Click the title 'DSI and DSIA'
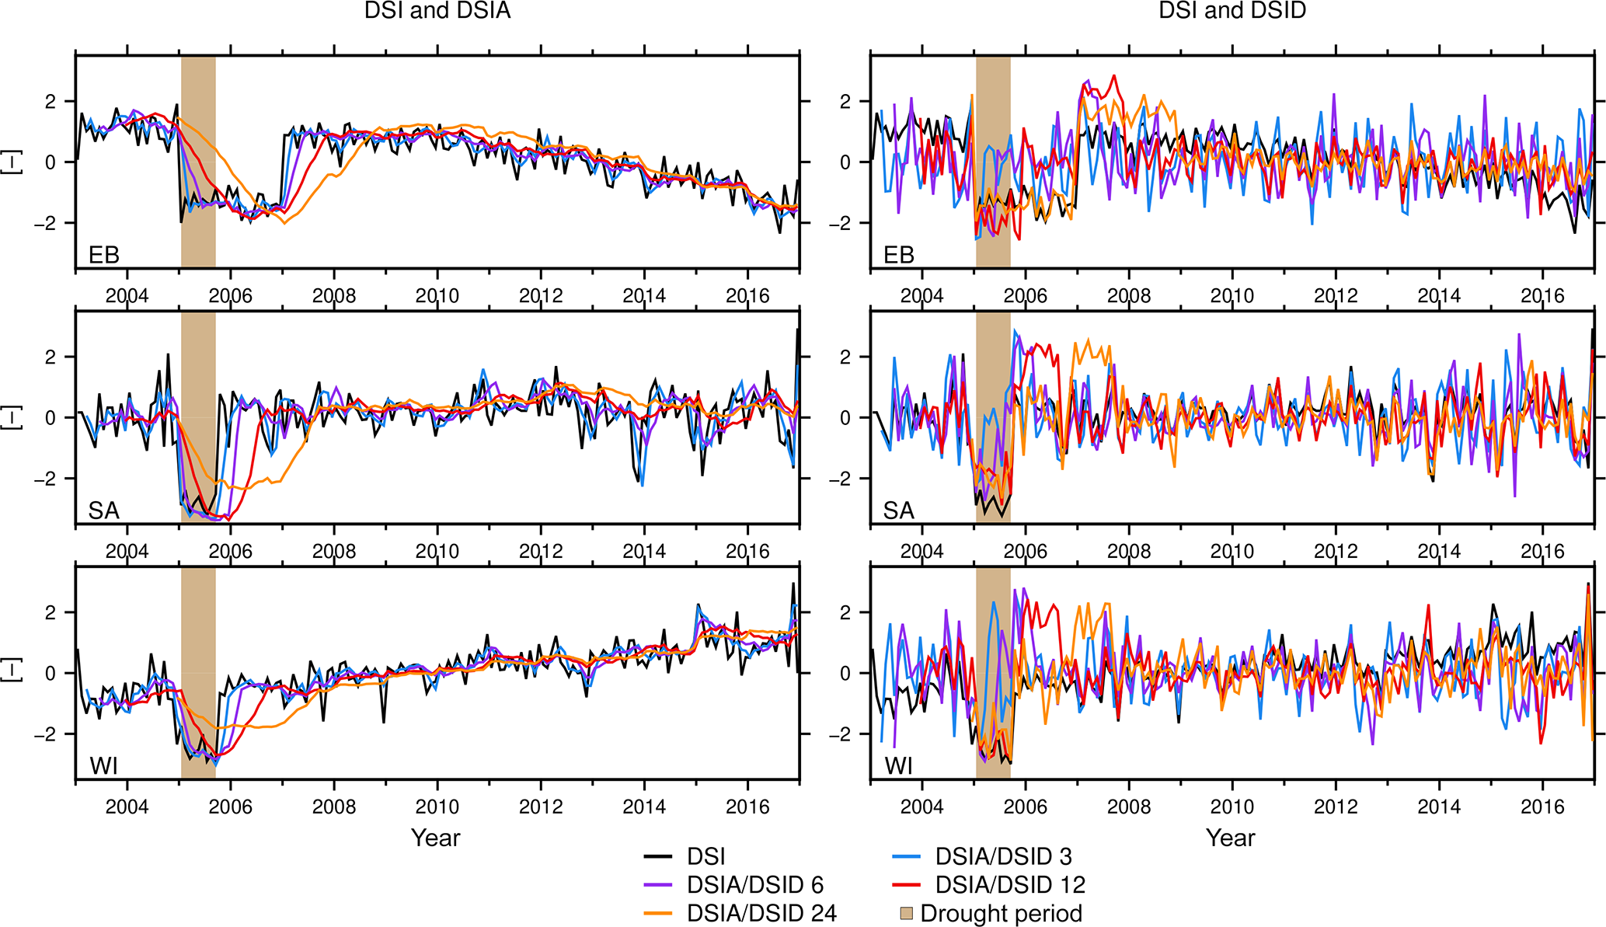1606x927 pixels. coord(437,11)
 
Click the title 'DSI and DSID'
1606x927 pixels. coord(1232,11)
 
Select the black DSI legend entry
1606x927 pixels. coord(705,856)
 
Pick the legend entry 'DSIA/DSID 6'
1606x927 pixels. coord(754,885)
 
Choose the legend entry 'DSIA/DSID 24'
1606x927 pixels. coord(761,913)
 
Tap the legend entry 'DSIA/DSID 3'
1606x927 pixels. coord(1003,856)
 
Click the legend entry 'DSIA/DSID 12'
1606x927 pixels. coord(1010,885)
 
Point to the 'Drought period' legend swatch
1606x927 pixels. coord(907,913)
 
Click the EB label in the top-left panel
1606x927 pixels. coord(103,255)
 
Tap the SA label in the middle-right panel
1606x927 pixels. coord(898,511)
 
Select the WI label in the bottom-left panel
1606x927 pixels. coord(103,766)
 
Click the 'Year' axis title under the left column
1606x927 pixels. coord(436,838)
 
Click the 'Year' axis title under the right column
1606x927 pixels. coord(1231,838)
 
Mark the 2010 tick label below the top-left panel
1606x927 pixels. coord(437,296)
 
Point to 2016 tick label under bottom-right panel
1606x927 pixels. coord(1542,807)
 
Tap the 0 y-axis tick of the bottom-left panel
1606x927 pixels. coord(51,673)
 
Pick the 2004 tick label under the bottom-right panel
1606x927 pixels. coord(921,807)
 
